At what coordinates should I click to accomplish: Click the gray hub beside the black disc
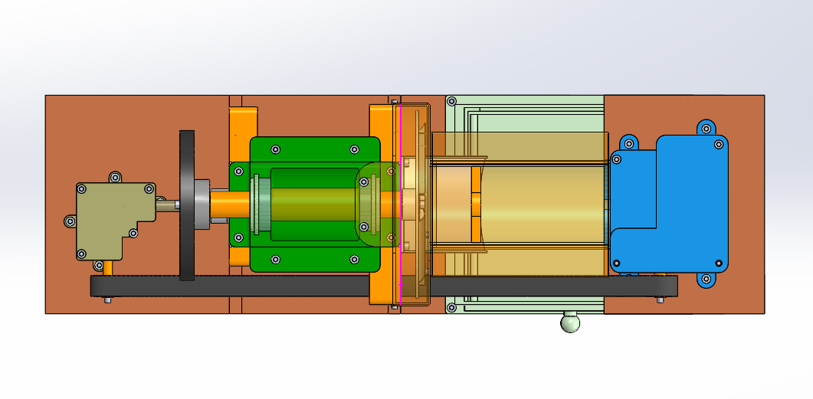(202, 204)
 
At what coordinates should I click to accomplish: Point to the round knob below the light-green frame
(569, 323)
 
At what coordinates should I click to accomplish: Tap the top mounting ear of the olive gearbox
(115, 178)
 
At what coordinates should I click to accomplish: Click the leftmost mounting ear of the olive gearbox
(70, 221)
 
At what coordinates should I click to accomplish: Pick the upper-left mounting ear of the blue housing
(629, 142)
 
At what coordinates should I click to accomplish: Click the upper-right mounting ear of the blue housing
(706, 127)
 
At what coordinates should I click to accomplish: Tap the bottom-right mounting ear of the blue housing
(706, 280)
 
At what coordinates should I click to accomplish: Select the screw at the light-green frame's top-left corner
(451, 101)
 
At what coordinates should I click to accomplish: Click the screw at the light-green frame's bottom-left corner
(451, 308)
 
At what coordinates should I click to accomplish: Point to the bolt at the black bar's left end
(107, 299)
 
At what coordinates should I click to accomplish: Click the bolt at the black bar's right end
(661, 299)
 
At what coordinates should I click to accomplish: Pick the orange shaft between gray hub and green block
(230, 204)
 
